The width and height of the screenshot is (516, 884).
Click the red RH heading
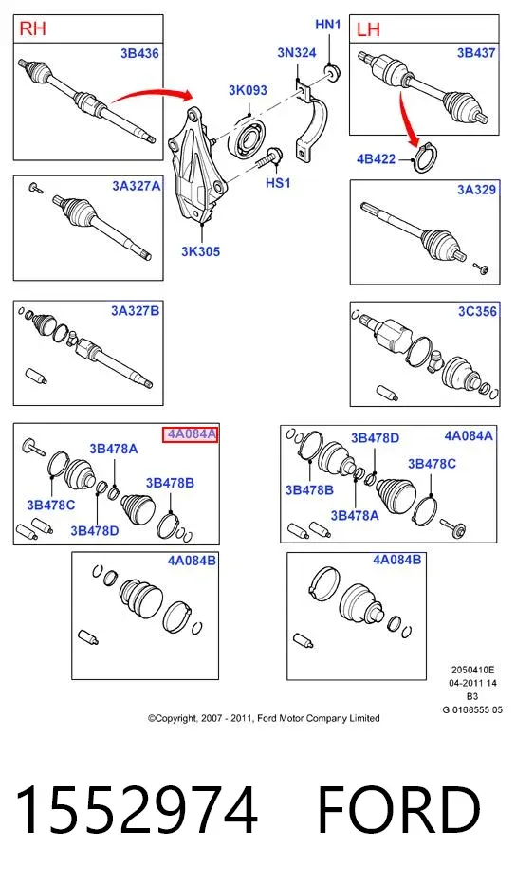(x=32, y=28)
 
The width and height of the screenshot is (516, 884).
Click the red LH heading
(x=368, y=29)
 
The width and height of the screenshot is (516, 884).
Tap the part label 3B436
(x=139, y=53)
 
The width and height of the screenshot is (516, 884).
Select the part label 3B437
(x=476, y=53)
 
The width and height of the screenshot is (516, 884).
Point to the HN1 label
(x=327, y=25)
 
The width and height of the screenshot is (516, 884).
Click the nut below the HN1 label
(x=331, y=73)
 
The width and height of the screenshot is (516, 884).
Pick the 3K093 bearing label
(x=248, y=90)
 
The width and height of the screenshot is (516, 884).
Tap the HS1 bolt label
(x=278, y=183)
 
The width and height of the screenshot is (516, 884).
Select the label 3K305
(x=200, y=251)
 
